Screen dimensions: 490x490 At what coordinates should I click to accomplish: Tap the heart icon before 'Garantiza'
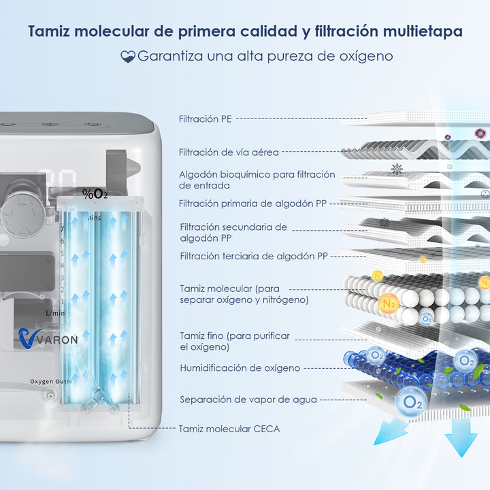point(128,56)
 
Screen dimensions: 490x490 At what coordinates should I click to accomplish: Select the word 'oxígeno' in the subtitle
point(366,56)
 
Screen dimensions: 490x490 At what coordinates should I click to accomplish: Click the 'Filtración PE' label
point(206,118)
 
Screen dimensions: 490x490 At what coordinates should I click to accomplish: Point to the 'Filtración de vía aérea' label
point(229,152)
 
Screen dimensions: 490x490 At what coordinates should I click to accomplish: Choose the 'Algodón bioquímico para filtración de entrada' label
point(257,180)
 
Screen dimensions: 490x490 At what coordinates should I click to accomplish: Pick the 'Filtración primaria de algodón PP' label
point(257,203)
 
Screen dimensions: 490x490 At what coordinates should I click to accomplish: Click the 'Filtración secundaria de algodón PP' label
point(233,233)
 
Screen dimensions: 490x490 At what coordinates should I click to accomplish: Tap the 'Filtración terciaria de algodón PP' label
point(254,257)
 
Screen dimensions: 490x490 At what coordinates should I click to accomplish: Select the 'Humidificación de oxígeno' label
point(240,368)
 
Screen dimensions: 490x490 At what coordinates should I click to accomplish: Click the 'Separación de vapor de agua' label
point(248,399)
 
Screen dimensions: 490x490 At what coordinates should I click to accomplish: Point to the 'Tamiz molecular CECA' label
point(229,429)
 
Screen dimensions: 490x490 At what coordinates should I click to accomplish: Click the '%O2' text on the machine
point(95,193)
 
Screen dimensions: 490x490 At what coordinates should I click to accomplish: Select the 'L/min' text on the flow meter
point(55,312)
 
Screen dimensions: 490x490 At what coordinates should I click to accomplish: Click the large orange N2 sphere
point(390,304)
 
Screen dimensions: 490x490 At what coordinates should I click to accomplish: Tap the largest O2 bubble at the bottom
point(412,401)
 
